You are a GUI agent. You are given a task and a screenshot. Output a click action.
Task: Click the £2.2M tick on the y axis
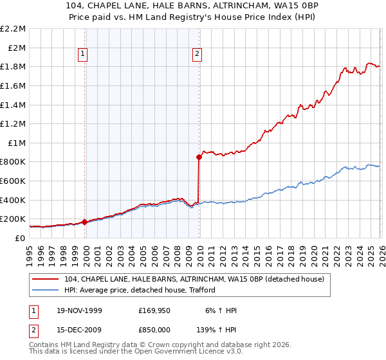pyautogui.click(x=13, y=29)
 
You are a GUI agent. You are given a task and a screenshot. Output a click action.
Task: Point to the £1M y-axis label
pyautogui.click(x=15, y=143)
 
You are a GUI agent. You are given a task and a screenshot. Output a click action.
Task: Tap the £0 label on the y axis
pyautogui.click(x=21, y=238)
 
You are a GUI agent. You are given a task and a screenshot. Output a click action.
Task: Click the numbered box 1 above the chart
pyautogui.click(x=84, y=55)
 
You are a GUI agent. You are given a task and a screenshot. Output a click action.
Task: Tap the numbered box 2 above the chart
pyautogui.click(x=196, y=55)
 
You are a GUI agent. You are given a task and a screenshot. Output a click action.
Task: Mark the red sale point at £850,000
pyautogui.click(x=199, y=157)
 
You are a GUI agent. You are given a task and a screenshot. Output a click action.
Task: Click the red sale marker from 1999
pyautogui.click(x=84, y=222)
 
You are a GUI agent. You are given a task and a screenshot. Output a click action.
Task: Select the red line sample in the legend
pyautogui.click(x=46, y=279)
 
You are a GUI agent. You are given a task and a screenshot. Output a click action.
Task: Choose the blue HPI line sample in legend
pyautogui.click(x=46, y=289)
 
